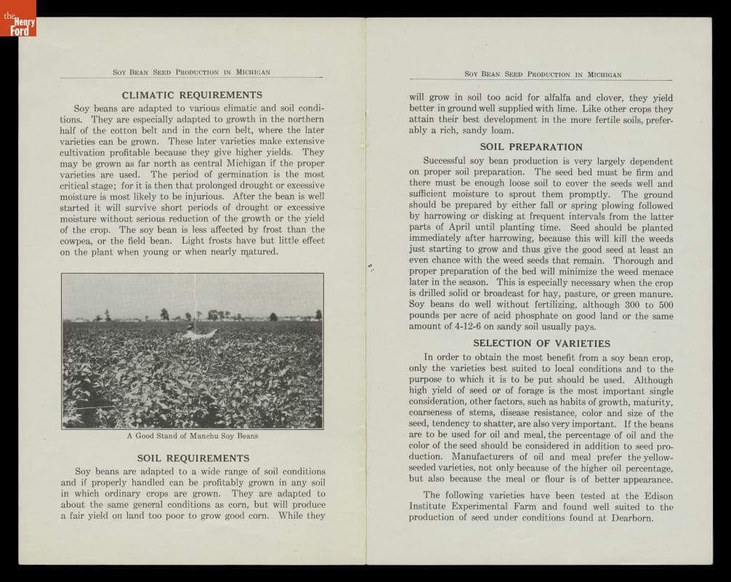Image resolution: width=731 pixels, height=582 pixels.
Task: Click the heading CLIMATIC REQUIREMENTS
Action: point(192,95)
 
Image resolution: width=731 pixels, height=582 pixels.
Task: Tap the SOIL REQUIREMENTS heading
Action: point(193,458)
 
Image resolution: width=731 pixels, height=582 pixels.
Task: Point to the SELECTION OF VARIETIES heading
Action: point(541,343)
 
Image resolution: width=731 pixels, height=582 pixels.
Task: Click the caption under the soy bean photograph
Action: point(192,436)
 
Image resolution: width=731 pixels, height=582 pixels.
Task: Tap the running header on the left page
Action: point(192,72)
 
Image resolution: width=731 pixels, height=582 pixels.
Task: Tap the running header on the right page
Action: point(543,74)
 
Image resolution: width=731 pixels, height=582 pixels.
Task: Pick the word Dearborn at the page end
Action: point(631,518)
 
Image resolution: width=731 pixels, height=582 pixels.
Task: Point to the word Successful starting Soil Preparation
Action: point(448,161)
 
